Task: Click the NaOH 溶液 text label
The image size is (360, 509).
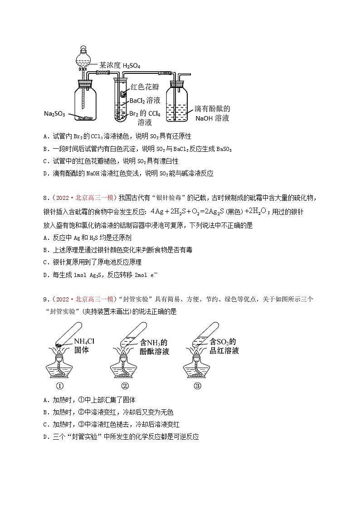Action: click(212, 118)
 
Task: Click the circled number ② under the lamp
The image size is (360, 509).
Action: click(126, 386)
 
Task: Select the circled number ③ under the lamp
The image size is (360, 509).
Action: click(197, 386)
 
